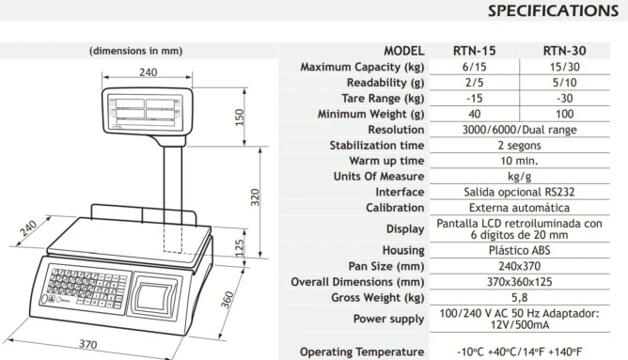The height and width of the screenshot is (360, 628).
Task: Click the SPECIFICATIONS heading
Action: click(553, 11)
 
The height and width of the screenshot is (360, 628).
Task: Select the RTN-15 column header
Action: click(474, 51)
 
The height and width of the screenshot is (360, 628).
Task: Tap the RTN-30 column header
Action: click(564, 51)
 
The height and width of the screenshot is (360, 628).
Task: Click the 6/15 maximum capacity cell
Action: click(474, 67)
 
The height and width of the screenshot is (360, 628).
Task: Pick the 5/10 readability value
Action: click(564, 83)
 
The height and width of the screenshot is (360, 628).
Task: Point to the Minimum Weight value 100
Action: click(564, 114)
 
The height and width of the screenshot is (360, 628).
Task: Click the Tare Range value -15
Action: click(474, 99)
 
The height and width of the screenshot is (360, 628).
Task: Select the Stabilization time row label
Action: click(376, 146)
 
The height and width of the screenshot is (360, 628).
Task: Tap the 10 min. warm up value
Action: click(519, 161)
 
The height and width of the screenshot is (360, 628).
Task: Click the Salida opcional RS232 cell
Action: click(519, 192)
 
